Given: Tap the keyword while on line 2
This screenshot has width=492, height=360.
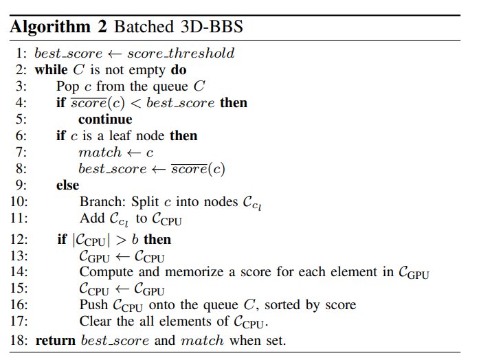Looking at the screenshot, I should tap(50, 69).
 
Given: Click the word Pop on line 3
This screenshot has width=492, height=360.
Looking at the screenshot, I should tap(67, 86).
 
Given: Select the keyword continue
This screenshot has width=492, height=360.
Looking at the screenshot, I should tap(105, 119).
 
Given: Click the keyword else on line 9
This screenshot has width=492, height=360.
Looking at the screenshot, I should tap(67, 185).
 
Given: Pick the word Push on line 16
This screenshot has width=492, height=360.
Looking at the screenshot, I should tap(93, 306).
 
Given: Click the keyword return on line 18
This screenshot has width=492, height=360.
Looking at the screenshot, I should tap(56, 339).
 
